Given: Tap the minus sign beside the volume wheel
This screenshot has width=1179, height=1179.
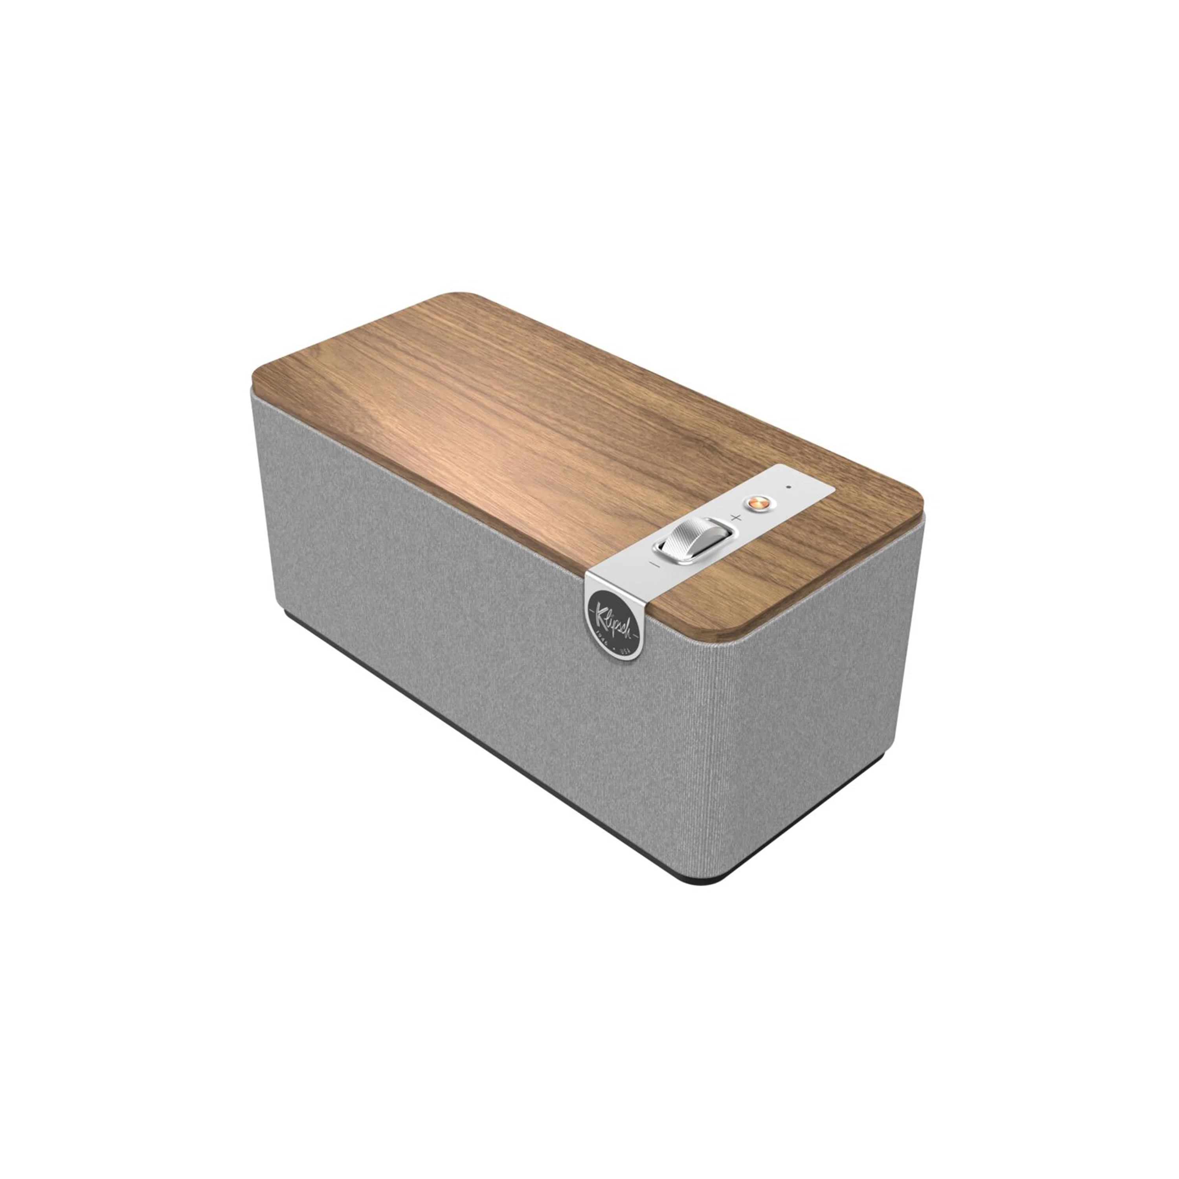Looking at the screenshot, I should point(655,564).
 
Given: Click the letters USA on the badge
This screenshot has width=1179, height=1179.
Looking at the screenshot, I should point(625,650).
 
